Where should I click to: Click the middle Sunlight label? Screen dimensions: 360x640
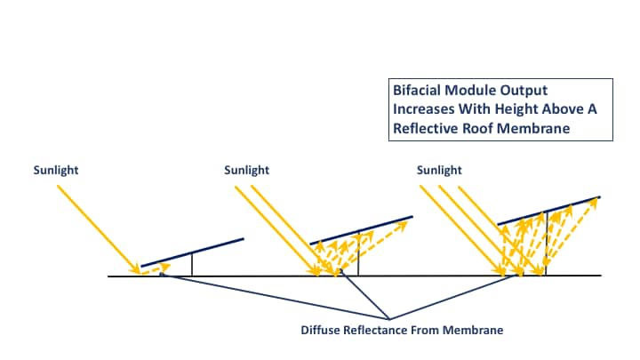tap(247, 169)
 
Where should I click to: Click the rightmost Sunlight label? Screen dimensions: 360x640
tap(438, 169)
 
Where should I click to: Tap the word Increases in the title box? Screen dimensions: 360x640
tap(424, 109)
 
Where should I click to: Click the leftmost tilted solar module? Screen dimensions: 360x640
tap(192, 252)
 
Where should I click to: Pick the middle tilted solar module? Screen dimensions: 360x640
tap(361, 229)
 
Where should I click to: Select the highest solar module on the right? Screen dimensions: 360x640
tap(548, 211)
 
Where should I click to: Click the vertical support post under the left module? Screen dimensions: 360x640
tap(192, 265)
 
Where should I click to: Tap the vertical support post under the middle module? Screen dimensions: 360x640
tap(358, 254)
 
